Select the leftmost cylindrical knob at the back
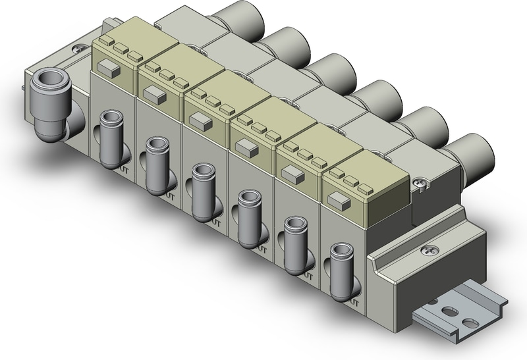[x=243, y=20]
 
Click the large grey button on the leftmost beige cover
[x=107, y=66]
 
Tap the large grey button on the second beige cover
[x=154, y=94]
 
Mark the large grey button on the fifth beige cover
[x=291, y=173]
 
